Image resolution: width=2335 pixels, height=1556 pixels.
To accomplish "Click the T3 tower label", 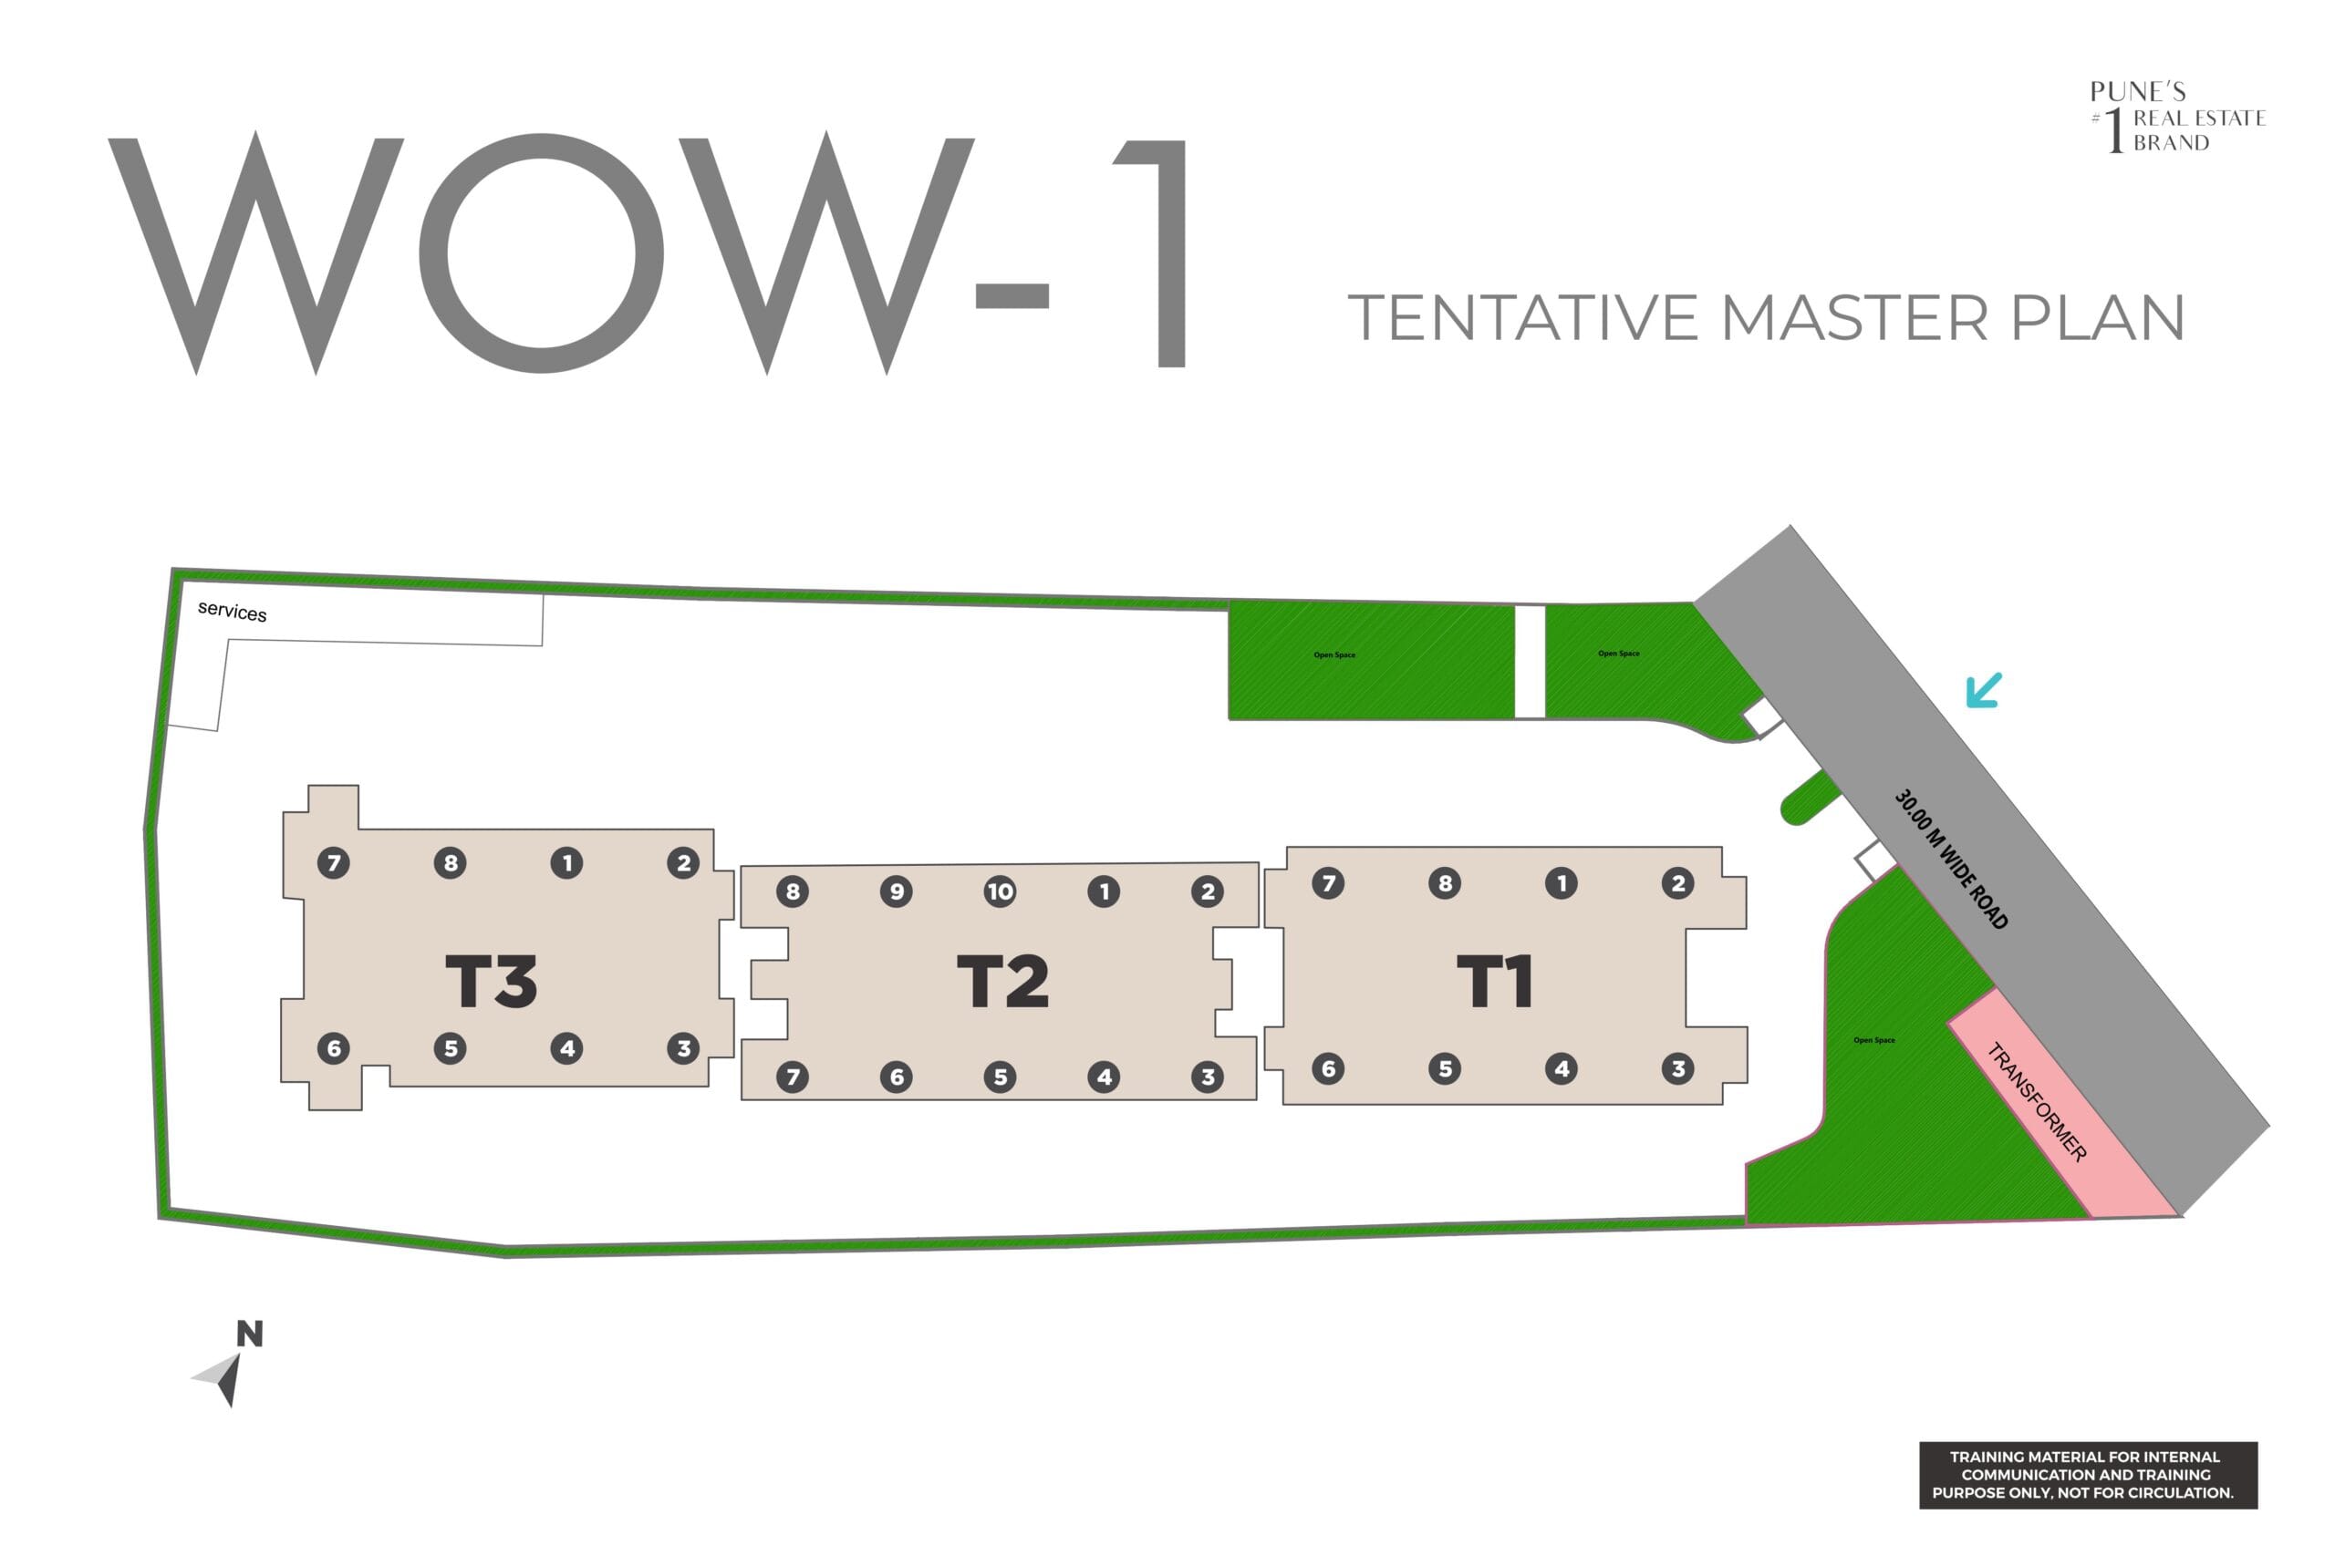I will (492, 982).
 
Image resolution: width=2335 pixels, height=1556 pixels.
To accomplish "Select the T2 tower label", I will (1002, 982).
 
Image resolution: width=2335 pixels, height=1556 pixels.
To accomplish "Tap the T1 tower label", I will (1495, 982).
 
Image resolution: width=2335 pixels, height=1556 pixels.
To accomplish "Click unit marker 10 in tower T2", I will (1000, 891).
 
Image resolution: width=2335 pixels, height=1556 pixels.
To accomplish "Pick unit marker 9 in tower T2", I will (897, 891).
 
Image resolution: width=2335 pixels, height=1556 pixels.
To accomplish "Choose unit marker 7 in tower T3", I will (334, 862).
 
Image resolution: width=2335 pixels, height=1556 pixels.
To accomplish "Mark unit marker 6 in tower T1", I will (1328, 1068).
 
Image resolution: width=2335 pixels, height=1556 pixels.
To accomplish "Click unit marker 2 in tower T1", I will (1677, 882).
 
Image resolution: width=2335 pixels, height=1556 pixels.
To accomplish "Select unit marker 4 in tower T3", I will (566, 1048).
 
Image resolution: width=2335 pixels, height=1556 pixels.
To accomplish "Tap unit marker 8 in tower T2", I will (793, 891).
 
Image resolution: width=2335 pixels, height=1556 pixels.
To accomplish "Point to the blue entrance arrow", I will (1984, 691).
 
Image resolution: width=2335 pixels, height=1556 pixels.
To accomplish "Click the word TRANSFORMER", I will (2036, 1101).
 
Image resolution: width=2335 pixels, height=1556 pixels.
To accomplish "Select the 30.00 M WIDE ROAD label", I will (1951, 860).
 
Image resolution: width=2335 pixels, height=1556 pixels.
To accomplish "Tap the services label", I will (233, 612).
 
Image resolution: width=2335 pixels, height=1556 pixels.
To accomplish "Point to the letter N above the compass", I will (249, 1334).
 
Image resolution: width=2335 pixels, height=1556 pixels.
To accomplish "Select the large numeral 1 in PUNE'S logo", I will (2115, 130).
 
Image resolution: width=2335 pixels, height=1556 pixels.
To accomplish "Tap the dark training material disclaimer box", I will (2088, 1476).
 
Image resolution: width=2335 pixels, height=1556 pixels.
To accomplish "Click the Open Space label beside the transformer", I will (1873, 1040).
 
